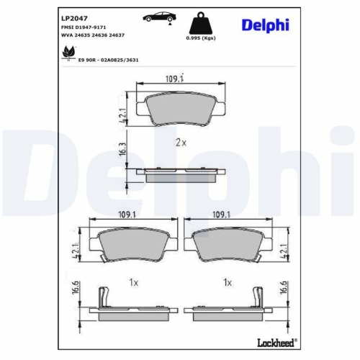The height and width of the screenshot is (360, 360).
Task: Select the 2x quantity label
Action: click(181, 143)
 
